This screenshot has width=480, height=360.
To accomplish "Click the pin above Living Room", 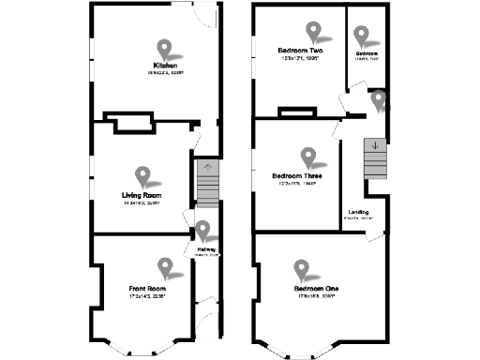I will coord(143,175).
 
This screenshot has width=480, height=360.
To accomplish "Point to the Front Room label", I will coord(147,288).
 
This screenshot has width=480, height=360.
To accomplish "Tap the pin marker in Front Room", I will coord(166,267).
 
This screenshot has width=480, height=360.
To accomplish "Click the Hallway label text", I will coord(205,248).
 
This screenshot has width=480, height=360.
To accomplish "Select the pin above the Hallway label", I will coord(202,230).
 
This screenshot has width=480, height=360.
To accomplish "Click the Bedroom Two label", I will coord(300,50).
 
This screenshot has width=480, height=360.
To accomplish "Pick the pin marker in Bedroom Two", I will coord(312,32).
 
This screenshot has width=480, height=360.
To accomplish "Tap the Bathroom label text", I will coord(366,54).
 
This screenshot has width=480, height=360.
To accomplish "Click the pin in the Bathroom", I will coord(362,36).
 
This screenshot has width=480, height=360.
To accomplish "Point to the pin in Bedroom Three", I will coord(307,157).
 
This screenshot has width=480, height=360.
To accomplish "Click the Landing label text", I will coord(358,212).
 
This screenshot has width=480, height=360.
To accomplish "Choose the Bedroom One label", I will coord(316,287).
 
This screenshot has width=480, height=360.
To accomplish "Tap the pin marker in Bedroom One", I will coord(301,270).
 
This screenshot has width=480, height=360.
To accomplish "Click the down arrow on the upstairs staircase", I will coord(375,145).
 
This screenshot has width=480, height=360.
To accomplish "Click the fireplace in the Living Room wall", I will coord(128,121).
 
